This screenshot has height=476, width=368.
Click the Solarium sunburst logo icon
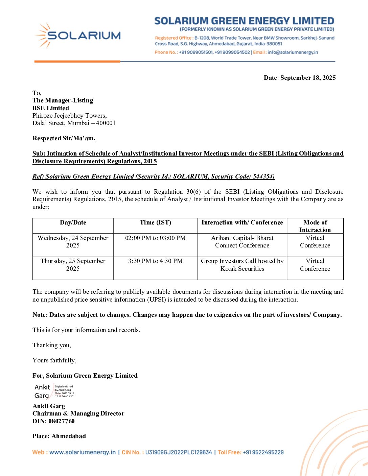coord(43,35)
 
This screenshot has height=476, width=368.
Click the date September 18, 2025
coord(308,78)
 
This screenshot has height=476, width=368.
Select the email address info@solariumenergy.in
coord(293,52)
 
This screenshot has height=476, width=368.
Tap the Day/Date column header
coord(73,222)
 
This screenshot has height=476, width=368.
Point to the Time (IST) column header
coord(155,222)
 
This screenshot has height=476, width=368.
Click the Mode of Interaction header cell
coord(315,226)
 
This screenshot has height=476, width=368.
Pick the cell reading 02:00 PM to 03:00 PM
coord(155,238)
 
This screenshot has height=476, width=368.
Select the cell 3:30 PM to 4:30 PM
coord(155,261)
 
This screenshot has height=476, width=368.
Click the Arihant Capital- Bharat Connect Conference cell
coord(242,242)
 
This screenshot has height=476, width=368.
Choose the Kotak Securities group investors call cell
coord(242,265)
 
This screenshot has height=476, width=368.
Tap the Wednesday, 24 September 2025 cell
coord(73,242)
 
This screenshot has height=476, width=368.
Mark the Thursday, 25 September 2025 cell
coord(73,265)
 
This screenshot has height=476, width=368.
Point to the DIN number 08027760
coord(62,421)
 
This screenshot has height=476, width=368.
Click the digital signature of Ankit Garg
coord(54,391)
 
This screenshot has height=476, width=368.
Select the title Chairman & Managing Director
coord(78,413)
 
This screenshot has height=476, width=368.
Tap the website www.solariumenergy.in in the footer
coord(82,452)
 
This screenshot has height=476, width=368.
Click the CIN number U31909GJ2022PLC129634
coord(178,452)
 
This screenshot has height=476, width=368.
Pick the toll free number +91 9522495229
coord(263,452)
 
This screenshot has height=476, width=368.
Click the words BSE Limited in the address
coord(51,108)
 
